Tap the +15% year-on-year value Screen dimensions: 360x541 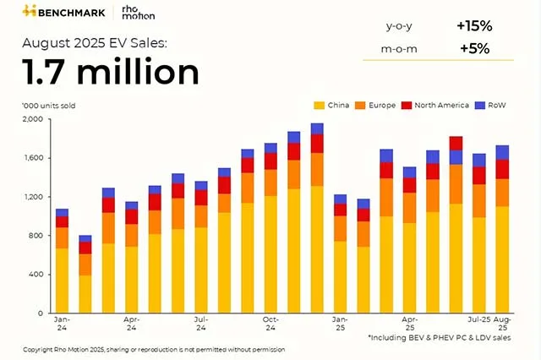[x=474, y=25]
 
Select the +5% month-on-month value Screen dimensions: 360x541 [x=474, y=48]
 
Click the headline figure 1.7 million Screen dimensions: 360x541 [x=111, y=73]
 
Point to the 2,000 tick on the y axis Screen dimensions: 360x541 [x=31, y=119]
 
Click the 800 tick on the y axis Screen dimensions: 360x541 [x=35, y=236]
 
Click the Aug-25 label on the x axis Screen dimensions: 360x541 [x=502, y=324]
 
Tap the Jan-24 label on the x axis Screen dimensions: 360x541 [x=62, y=324]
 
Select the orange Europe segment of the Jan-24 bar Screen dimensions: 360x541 [x=62, y=237]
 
